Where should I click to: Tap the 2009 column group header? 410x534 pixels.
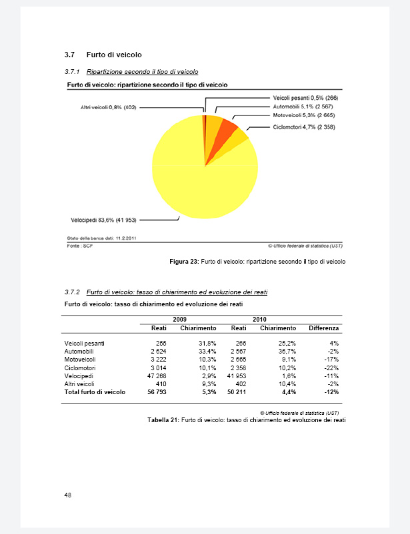coord(179,320)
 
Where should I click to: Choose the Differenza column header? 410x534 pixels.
coord(323,328)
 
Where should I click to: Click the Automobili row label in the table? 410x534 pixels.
coord(79,351)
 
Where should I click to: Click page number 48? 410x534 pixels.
coord(68,495)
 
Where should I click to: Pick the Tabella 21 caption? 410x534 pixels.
coord(247,420)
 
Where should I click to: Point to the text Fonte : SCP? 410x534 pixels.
coord(77,246)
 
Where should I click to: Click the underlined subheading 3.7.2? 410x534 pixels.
coord(167,292)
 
